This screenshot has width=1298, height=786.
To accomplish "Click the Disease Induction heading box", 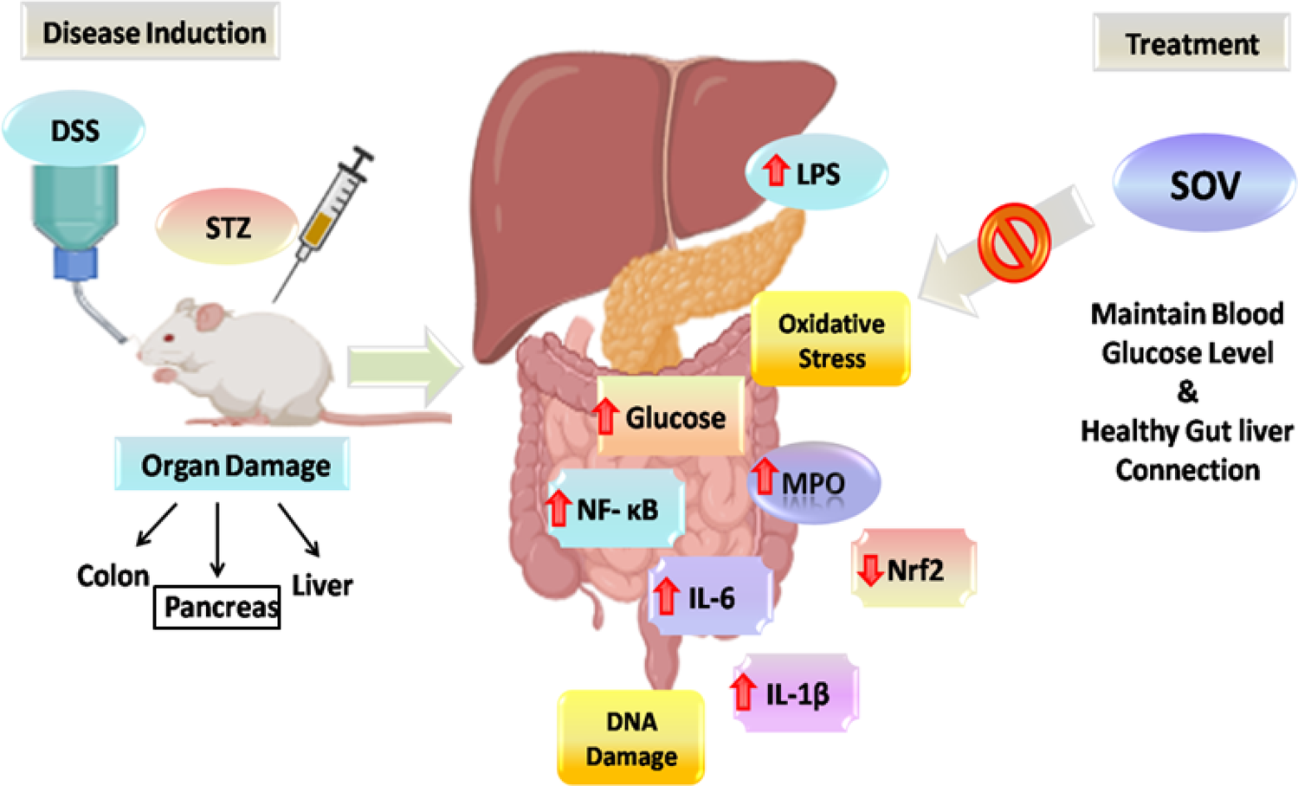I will point(151,32).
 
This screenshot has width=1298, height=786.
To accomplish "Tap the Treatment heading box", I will point(1191,43).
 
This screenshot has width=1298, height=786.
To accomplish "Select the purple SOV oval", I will point(1204,184).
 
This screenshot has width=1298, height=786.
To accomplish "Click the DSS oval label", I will point(74,130).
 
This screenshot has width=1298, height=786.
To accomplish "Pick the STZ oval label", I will point(227,227).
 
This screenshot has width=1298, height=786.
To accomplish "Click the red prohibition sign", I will point(1013,243).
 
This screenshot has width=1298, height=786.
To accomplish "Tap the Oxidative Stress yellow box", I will point(830,339).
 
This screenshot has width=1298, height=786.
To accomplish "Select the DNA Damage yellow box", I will point(630,738).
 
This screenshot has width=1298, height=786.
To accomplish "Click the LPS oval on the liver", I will point(817,172).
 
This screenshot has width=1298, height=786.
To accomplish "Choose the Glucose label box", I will point(670,416).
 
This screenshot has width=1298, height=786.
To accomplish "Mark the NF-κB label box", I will point(617,509).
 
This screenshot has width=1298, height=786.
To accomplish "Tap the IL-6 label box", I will point(710,597).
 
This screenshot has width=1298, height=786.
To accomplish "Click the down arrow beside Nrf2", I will point(869,569).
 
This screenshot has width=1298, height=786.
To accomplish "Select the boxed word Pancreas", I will point(217,606).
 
